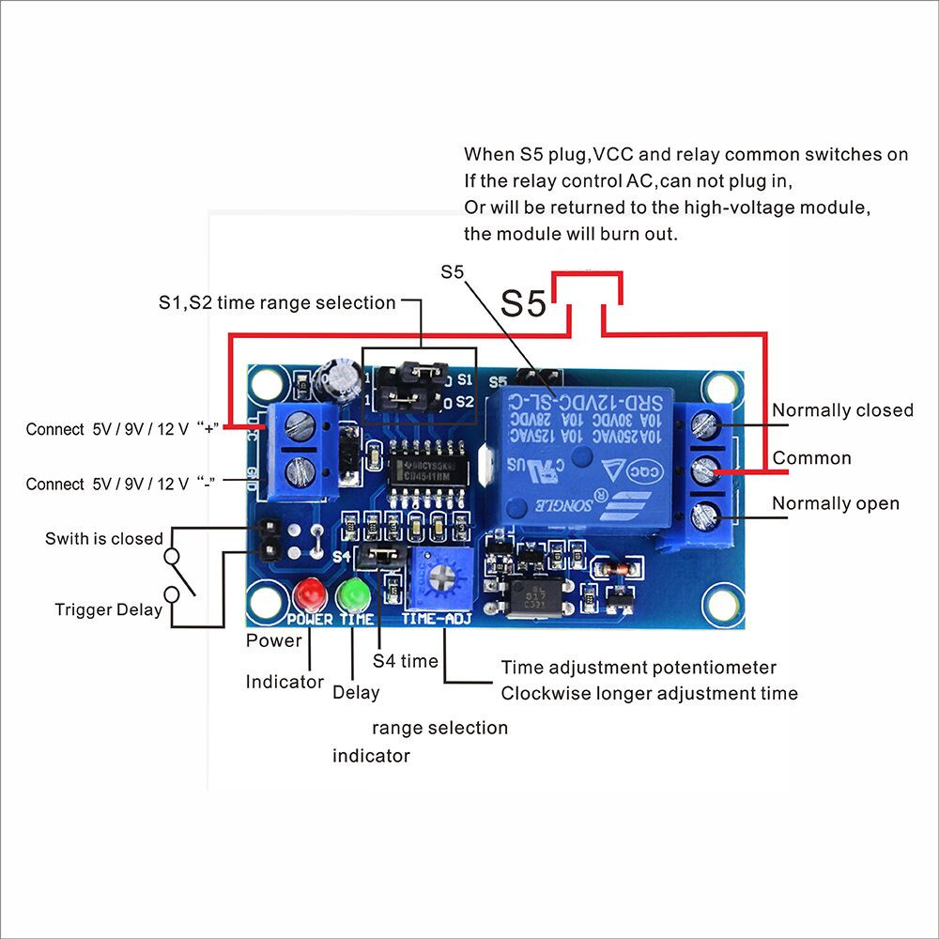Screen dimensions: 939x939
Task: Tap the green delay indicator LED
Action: pos(355,594)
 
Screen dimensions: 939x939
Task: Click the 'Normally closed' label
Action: pos(842,410)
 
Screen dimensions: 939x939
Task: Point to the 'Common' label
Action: pos(811,458)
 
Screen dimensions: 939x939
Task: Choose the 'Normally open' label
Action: pos(835,504)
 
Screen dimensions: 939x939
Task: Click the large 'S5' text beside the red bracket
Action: pos(523,303)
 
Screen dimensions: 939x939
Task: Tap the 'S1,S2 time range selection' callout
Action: pos(277,302)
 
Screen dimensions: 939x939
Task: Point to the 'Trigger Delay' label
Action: pos(108,610)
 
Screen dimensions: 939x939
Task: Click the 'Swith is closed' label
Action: pos(103,539)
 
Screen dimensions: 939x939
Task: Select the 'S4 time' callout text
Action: pos(406,661)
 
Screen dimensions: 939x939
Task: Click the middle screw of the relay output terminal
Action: pos(706,469)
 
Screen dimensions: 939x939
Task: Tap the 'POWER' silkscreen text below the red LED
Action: pos(310,620)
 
